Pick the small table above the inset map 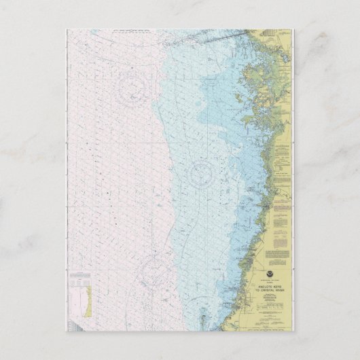point(87,276)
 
